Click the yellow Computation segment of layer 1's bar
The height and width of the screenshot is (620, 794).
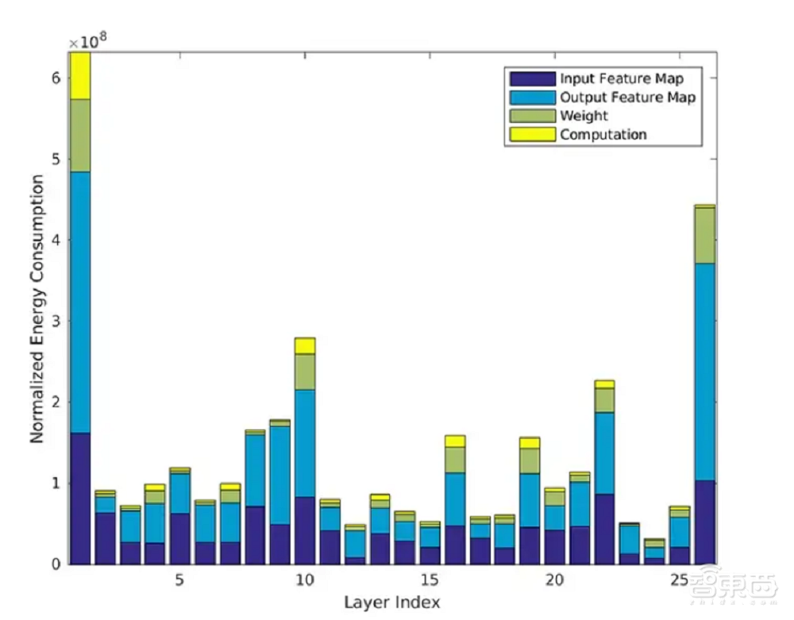(80, 76)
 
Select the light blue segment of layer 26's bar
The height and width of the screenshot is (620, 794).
(705, 372)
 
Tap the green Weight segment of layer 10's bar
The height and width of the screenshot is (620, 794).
(305, 372)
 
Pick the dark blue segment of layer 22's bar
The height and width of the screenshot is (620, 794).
(605, 529)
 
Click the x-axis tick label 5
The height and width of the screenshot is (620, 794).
(179, 580)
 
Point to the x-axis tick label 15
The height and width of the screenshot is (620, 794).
(430, 580)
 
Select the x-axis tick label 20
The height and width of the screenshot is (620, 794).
(555, 580)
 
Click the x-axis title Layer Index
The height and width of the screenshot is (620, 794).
(392, 602)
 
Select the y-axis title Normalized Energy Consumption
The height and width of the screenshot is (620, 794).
(37, 310)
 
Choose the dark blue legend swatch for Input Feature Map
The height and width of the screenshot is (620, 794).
(532, 79)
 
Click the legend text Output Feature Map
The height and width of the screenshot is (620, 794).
(627, 98)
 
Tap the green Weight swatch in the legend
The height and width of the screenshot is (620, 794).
(532, 116)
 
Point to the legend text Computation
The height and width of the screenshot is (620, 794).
(603, 134)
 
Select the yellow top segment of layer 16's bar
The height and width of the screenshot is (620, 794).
(455, 441)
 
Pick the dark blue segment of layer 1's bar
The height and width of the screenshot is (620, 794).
(80, 499)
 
